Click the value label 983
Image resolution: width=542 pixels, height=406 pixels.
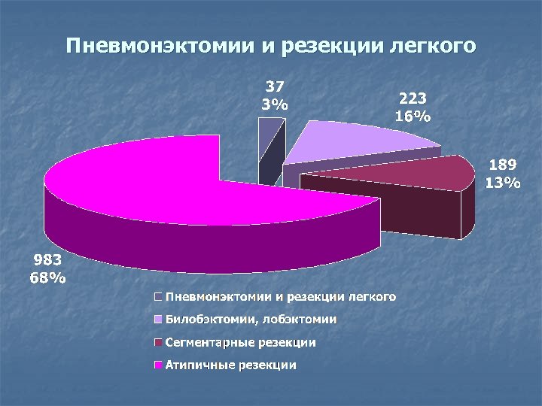(47, 260)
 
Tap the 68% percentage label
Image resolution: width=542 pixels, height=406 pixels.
(47, 277)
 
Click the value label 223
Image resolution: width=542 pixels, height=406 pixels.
(413, 98)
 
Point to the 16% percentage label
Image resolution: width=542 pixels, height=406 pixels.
(413, 116)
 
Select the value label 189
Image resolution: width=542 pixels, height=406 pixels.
(502, 165)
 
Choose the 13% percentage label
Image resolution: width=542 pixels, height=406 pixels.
(502, 182)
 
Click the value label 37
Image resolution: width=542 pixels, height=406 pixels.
(274, 86)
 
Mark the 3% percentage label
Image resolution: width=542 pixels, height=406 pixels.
(274, 104)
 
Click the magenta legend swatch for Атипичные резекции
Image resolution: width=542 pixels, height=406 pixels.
(158, 365)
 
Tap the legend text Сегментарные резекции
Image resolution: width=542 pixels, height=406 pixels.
(240, 343)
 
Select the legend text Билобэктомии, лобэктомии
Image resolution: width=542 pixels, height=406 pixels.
(251, 320)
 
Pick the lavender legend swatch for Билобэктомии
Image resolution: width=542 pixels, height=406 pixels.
(158, 320)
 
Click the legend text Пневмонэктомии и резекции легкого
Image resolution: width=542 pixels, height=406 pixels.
(280, 297)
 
